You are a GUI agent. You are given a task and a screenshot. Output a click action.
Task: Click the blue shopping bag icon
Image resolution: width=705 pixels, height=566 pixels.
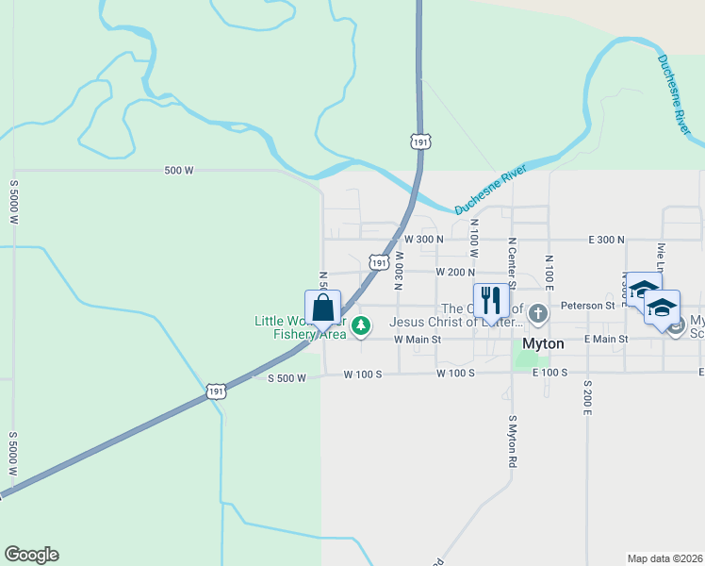[x=322, y=308]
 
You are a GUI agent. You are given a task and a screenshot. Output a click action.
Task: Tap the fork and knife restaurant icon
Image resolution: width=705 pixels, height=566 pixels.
[x=490, y=301]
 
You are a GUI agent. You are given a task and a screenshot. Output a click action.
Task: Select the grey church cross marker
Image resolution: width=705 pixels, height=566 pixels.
[x=537, y=312]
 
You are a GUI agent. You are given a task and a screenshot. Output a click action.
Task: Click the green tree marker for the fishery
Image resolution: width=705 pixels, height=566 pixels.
[x=360, y=326]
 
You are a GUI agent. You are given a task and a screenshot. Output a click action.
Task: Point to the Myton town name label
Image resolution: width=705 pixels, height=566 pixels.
[x=543, y=345]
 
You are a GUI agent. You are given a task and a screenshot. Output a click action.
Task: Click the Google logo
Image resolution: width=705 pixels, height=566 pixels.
[x=31, y=555]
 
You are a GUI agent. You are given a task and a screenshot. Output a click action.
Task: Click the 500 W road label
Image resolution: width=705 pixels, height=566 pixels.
[x=178, y=171]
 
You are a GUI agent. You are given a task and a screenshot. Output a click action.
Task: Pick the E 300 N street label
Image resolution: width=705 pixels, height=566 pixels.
[x=606, y=240]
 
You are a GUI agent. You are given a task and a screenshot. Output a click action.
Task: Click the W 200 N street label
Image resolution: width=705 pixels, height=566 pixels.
[x=455, y=272]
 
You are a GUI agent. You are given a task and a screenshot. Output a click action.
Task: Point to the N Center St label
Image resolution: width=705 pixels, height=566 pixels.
[x=512, y=262]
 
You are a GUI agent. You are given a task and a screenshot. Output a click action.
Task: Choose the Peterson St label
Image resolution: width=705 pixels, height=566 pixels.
[x=587, y=306]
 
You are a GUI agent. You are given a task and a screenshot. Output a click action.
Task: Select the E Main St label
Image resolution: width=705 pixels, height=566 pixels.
[x=606, y=339]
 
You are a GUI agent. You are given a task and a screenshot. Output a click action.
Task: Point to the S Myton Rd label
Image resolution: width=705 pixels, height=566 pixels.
[x=513, y=442]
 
